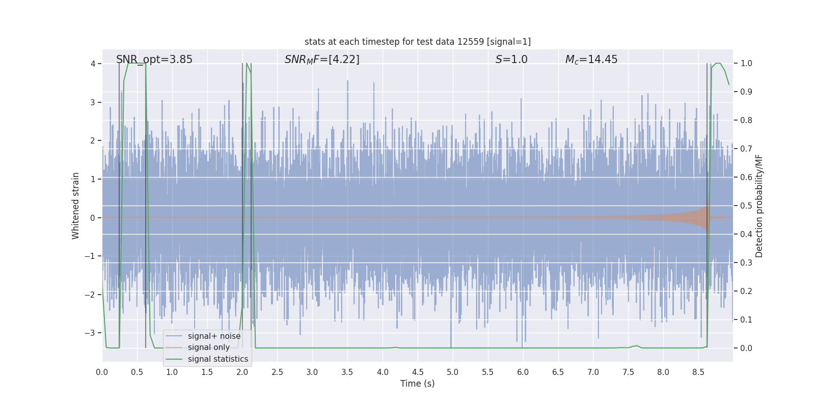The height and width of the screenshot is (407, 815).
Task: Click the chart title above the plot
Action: point(417,42)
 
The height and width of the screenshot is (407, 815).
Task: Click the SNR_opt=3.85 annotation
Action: point(154,60)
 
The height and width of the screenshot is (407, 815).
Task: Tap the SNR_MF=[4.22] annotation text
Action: point(322,60)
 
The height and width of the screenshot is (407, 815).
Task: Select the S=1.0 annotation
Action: point(511,60)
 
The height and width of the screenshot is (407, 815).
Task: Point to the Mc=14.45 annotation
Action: point(591,60)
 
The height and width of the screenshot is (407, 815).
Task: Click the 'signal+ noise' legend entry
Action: point(214,336)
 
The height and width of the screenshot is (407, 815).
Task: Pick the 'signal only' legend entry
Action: point(208,347)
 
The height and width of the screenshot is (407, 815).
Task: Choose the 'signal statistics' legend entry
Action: point(218,359)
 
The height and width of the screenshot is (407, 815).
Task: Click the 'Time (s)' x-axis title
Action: point(417,384)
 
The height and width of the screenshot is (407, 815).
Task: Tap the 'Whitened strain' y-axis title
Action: point(76,206)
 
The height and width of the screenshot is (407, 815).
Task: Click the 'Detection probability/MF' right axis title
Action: point(759,206)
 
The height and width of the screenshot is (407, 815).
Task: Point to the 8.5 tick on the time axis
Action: point(698,372)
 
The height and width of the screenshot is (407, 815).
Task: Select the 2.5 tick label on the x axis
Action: point(277,372)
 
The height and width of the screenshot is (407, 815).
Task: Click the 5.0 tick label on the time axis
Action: point(452,372)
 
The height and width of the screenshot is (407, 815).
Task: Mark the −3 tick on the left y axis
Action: point(90,333)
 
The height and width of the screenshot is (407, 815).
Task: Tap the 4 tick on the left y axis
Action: point(93,64)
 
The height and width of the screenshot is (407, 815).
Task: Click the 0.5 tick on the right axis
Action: point(746,206)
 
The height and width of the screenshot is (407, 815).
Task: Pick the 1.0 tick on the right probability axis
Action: point(746,64)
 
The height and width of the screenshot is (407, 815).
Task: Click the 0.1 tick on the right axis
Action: point(746,319)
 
